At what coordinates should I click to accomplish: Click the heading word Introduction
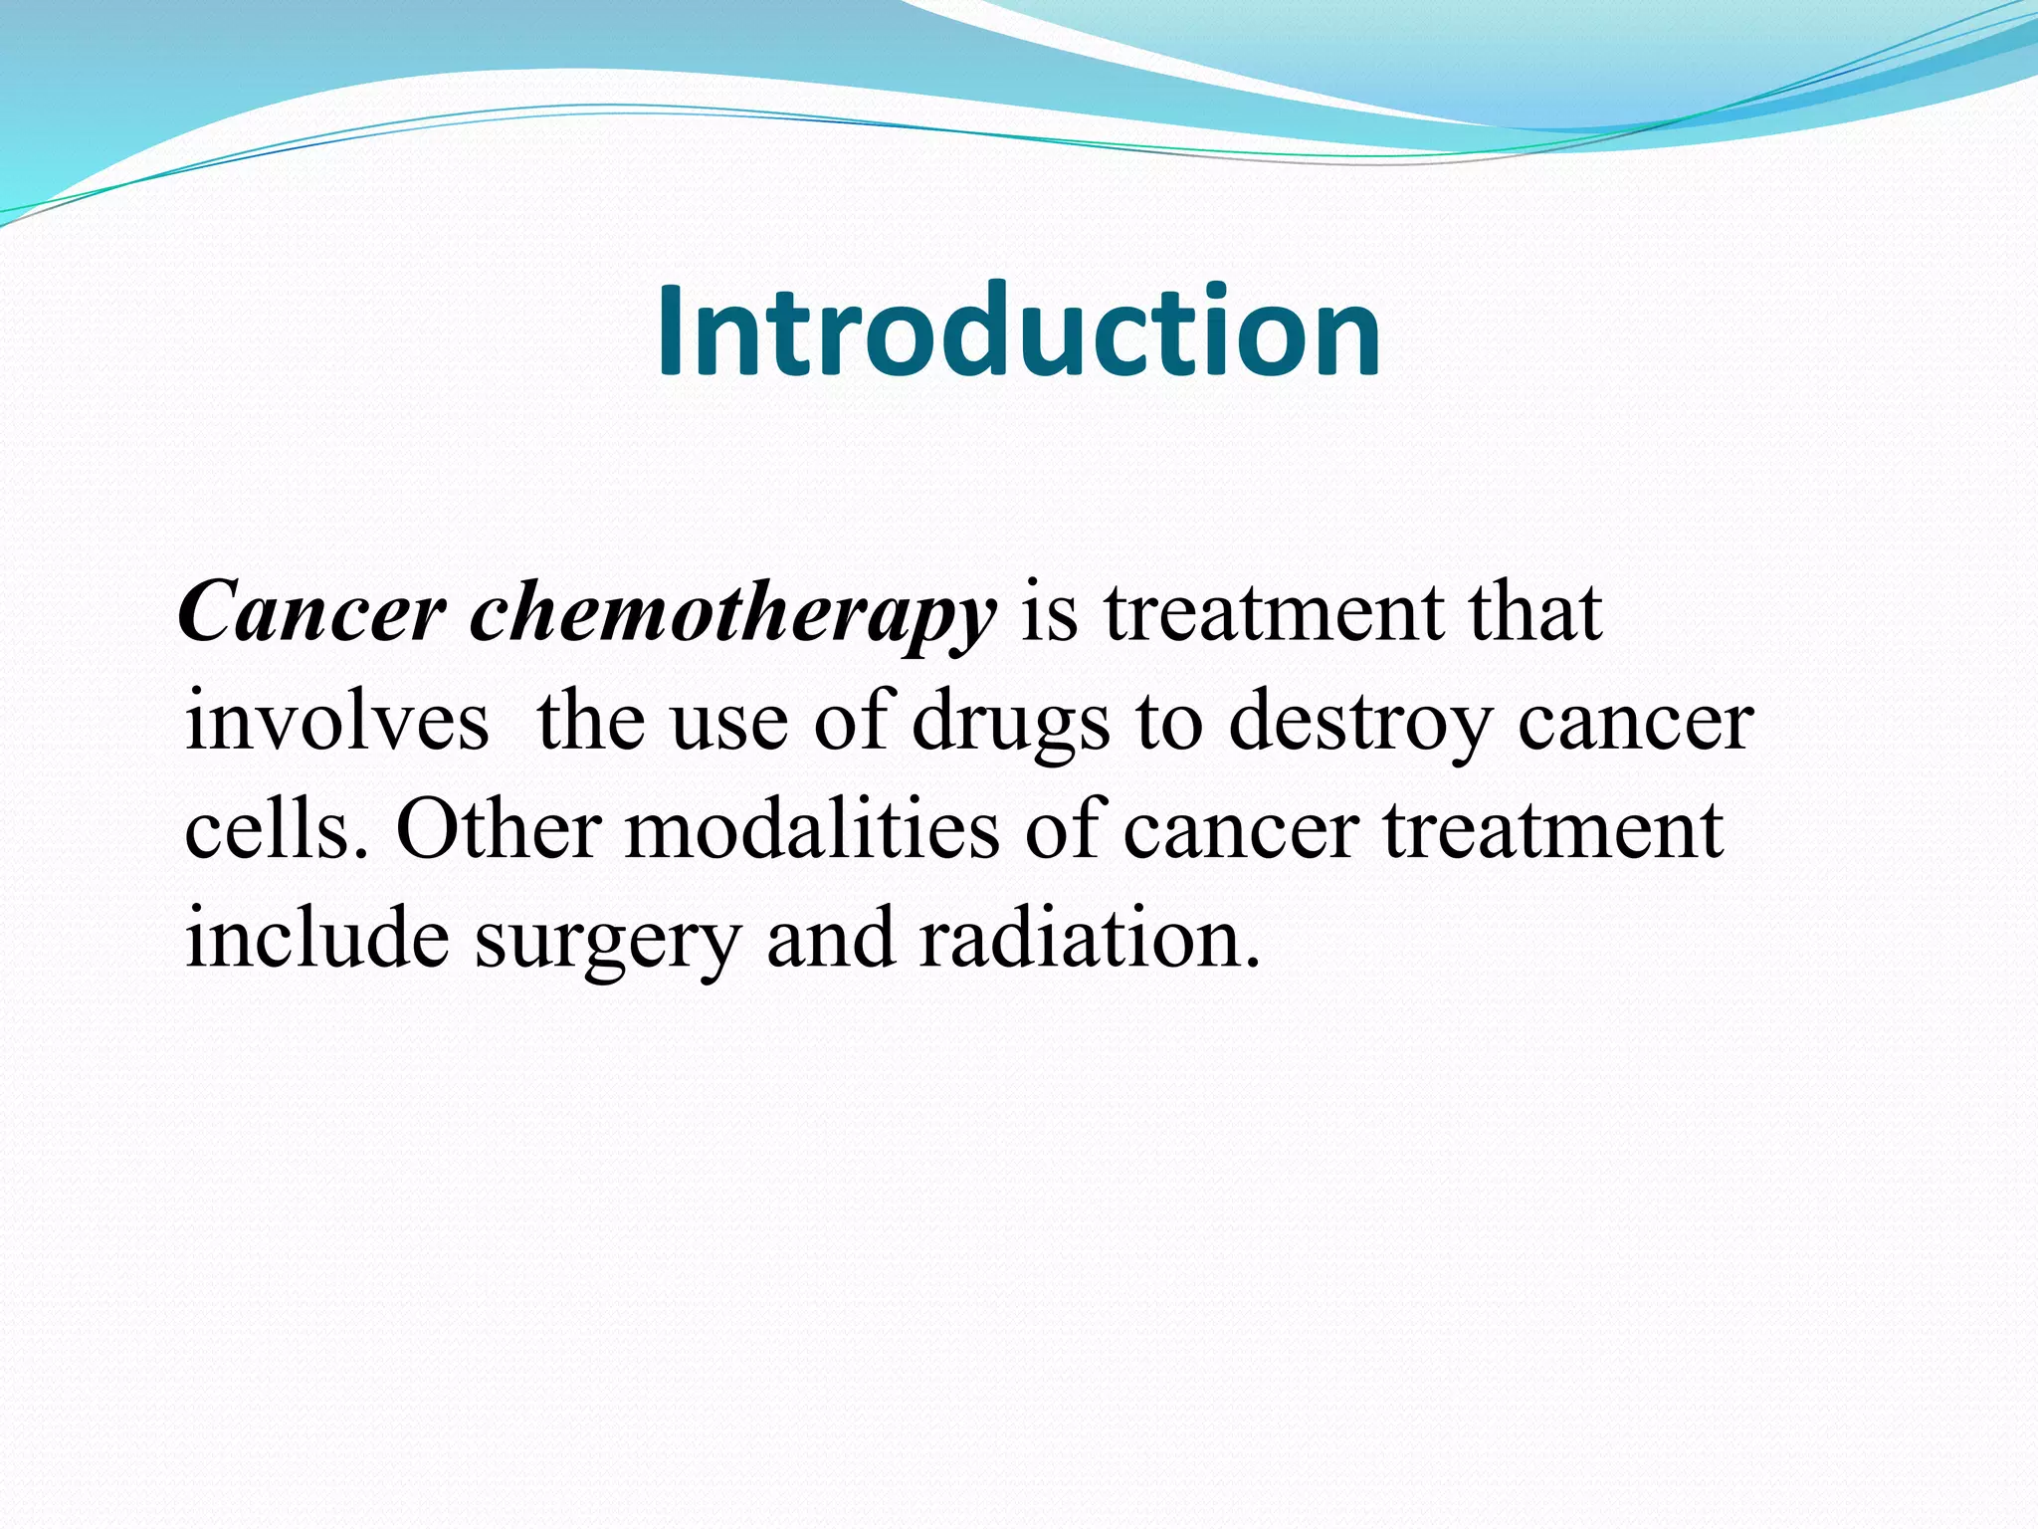1018,331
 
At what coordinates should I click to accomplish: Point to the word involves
337,721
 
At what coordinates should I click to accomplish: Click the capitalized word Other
499,830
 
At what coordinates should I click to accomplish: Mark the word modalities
811,830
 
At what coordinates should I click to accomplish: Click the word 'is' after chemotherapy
1050,612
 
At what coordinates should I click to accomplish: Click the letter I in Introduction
672,331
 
